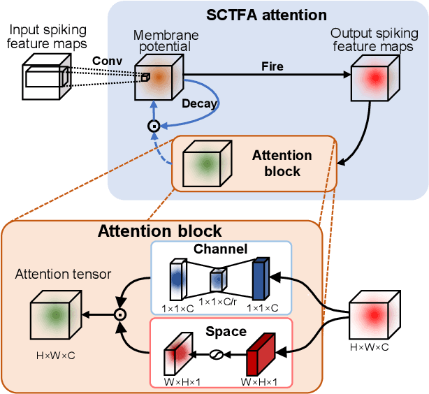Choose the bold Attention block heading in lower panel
pos(160,231)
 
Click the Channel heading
pos(221,249)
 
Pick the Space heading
pos(226,330)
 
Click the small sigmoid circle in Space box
pos(217,355)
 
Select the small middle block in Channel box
pos(218,281)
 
